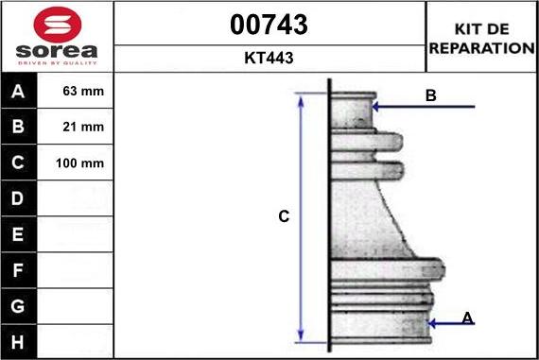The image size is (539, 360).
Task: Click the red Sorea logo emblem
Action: [58, 25]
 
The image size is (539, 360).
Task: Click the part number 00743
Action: [269, 25]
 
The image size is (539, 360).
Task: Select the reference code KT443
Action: [269, 58]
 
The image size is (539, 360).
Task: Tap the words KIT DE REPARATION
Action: [482, 39]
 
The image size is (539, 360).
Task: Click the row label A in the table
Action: [18, 92]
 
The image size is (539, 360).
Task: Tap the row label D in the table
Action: [18, 198]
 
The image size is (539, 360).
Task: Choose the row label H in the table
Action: [18, 342]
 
